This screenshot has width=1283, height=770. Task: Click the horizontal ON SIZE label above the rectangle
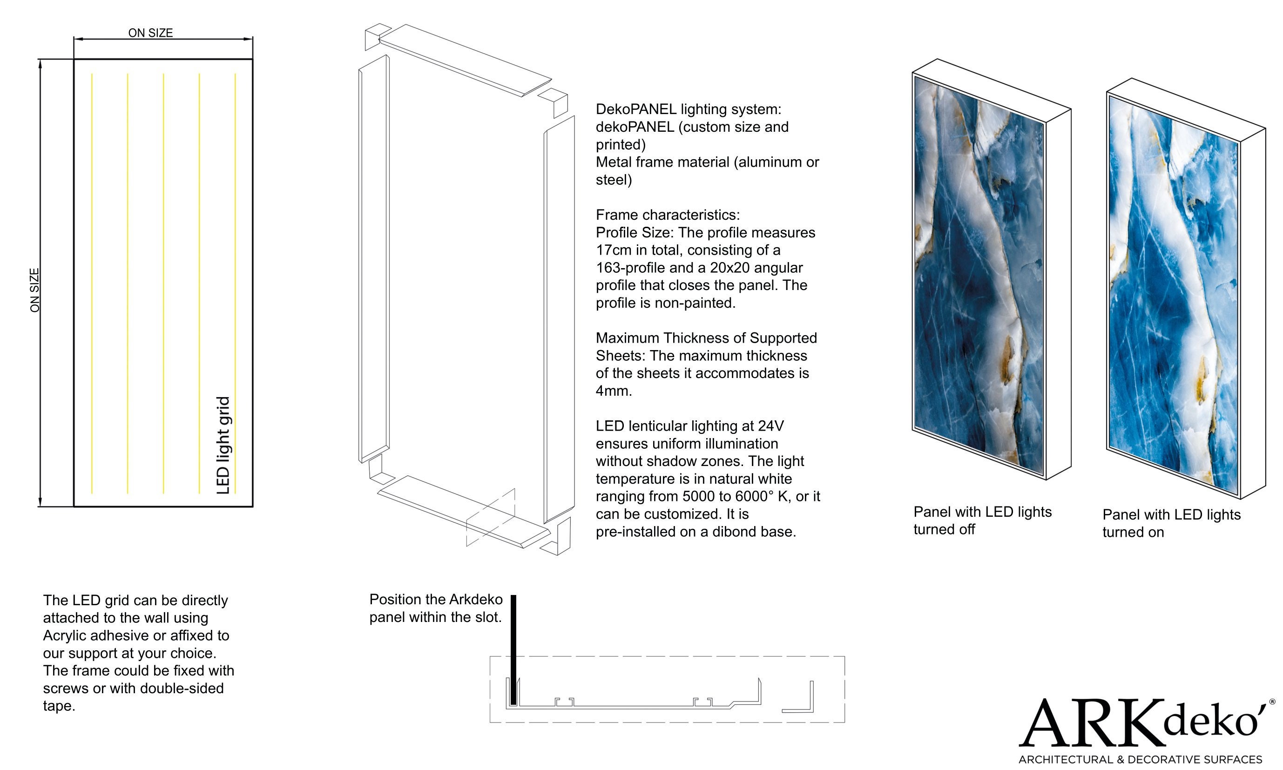[x=150, y=33]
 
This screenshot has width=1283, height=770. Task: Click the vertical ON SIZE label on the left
[x=35, y=290]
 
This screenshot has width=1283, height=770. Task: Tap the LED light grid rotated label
[x=223, y=445]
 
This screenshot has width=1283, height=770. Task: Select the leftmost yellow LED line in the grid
[x=92, y=283]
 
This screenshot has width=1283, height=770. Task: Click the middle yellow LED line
[x=163, y=283]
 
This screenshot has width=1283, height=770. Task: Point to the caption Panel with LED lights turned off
[x=982, y=520]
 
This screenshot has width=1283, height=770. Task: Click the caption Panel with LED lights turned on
[x=1171, y=523]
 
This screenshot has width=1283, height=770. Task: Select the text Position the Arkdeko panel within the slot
[x=436, y=608]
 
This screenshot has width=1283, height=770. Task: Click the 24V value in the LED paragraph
[x=770, y=426]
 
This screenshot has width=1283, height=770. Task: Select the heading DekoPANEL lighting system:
[x=688, y=109]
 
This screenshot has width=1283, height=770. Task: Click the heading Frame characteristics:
[x=667, y=215]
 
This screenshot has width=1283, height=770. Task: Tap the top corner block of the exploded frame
[x=377, y=36]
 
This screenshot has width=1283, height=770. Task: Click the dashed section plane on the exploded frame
[x=490, y=517]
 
